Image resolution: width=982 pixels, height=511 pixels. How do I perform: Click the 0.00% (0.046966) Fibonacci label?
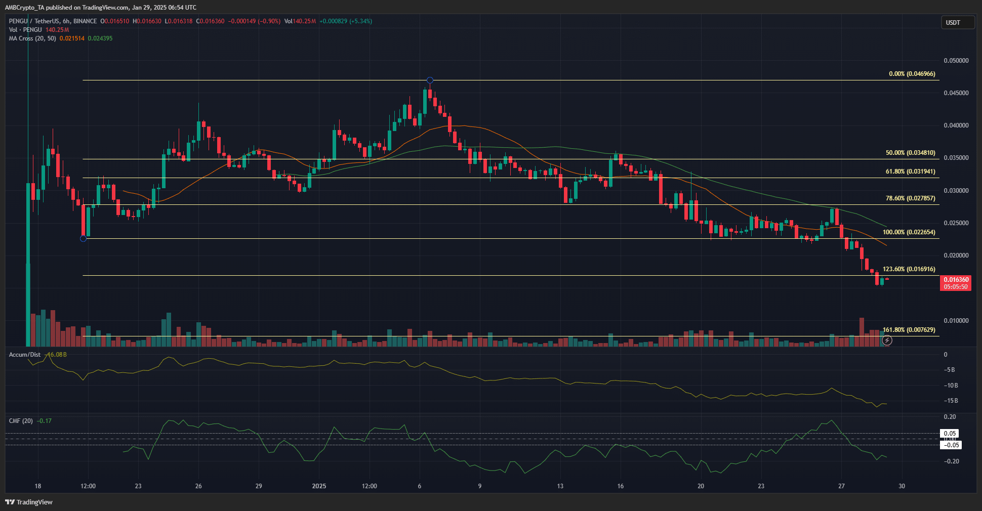[912, 74]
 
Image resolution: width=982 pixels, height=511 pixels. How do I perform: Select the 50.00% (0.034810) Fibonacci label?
[910, 153]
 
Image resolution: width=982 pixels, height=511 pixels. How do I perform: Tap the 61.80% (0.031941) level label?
[910, 172]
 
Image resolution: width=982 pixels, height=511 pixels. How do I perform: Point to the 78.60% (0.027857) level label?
[910, 198]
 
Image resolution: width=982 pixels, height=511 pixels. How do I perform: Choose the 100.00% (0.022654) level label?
[909, 232]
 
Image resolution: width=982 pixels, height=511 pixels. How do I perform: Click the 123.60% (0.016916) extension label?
[909, 269]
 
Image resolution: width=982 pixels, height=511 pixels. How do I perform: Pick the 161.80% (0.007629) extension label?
[909, 330]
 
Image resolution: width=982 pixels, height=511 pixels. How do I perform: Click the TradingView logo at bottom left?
[29, 502]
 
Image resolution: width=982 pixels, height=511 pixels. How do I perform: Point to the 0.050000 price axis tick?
[956, 61]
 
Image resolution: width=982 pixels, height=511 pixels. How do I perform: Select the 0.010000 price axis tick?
[956, 321]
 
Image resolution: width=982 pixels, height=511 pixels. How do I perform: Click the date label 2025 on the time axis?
[319, 486]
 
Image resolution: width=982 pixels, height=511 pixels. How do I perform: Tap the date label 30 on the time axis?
[902, 486]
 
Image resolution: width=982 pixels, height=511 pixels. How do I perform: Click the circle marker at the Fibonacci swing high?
[430, 80]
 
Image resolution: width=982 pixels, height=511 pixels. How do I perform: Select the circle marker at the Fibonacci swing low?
[84, 238]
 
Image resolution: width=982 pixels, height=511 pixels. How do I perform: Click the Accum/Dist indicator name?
[24, 355]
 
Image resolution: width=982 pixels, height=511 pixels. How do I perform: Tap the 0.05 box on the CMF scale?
[950, 434]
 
